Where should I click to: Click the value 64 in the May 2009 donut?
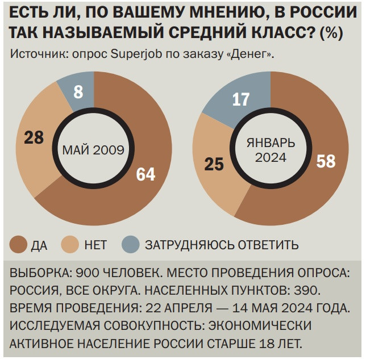point(145,174)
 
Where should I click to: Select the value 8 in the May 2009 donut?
point(78,91)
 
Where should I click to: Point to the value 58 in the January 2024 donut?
point(326,161)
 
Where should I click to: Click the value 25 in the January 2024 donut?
point(214,165)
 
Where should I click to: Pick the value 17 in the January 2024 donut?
point(241,99)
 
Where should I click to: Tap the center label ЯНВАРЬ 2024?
point(271,150)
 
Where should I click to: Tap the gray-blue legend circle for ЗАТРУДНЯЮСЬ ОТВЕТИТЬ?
point(130,245)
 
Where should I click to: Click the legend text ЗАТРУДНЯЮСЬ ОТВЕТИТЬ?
point(222,246)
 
